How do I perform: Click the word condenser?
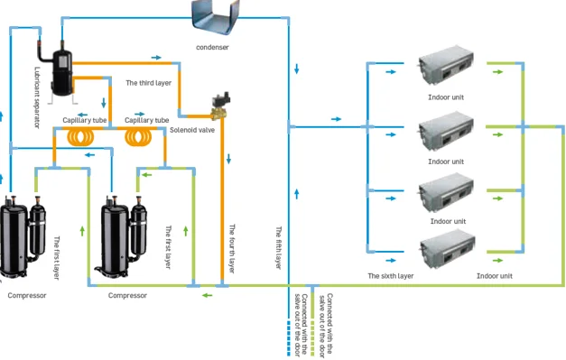tap(212, 47)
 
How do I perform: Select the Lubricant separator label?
tap(37, 97)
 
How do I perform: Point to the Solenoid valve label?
tap(192, 130)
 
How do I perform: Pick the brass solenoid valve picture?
tap(220, 106)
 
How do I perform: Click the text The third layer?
tap(148, 83)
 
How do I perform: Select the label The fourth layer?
tap(232, 248)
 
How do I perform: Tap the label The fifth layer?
tap(278, 248)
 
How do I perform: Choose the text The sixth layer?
tap(391, 276)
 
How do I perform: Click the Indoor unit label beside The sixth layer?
tap(494, 276)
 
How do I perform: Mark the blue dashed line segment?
tap(288, 338)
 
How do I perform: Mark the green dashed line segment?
tap(312, 338)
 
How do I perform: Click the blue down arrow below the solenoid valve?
tap(228, 159)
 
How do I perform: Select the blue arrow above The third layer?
tap(156, 58)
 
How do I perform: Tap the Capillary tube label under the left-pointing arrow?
tap(85, 120)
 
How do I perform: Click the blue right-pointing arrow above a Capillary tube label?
tap(140, 114)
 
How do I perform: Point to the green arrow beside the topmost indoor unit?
tap(497, 72)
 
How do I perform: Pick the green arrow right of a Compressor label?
tap(208, 295)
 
